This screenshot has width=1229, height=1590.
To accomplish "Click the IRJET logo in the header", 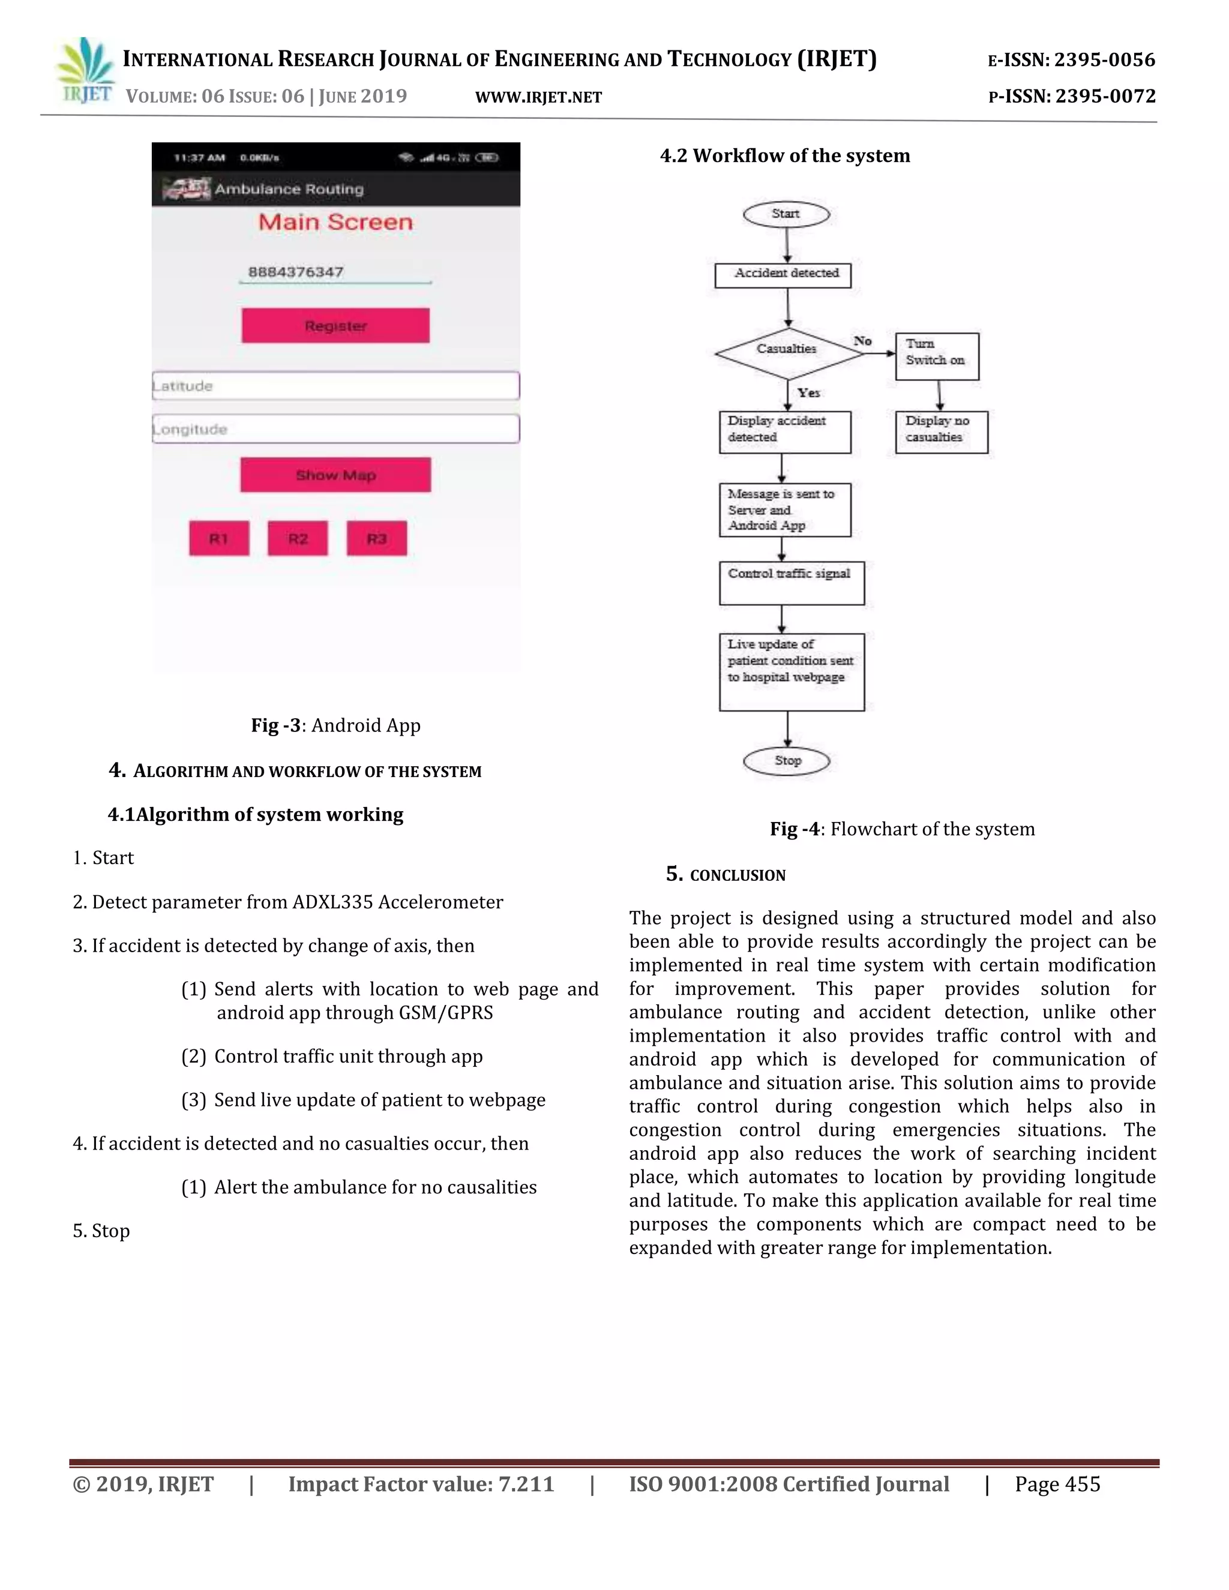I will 86,71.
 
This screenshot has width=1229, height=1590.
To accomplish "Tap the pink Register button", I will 335,325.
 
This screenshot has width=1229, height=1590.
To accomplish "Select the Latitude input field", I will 335,386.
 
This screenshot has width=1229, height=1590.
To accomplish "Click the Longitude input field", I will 335,429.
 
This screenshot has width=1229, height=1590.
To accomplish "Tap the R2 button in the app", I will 297,539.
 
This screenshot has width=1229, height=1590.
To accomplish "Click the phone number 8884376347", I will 296,272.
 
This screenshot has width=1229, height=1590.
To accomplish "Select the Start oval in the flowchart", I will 786,214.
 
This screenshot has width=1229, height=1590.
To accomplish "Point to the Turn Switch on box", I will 937,356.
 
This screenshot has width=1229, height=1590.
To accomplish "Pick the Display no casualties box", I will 941,433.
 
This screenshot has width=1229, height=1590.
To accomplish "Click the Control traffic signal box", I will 791,583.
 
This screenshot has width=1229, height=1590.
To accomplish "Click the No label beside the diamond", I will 863,341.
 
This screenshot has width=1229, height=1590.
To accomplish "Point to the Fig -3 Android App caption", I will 335,725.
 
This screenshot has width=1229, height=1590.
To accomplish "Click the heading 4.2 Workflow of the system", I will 785,156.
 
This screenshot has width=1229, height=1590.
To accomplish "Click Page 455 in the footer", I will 1057,1484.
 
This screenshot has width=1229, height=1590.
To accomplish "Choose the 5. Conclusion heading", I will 726,874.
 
